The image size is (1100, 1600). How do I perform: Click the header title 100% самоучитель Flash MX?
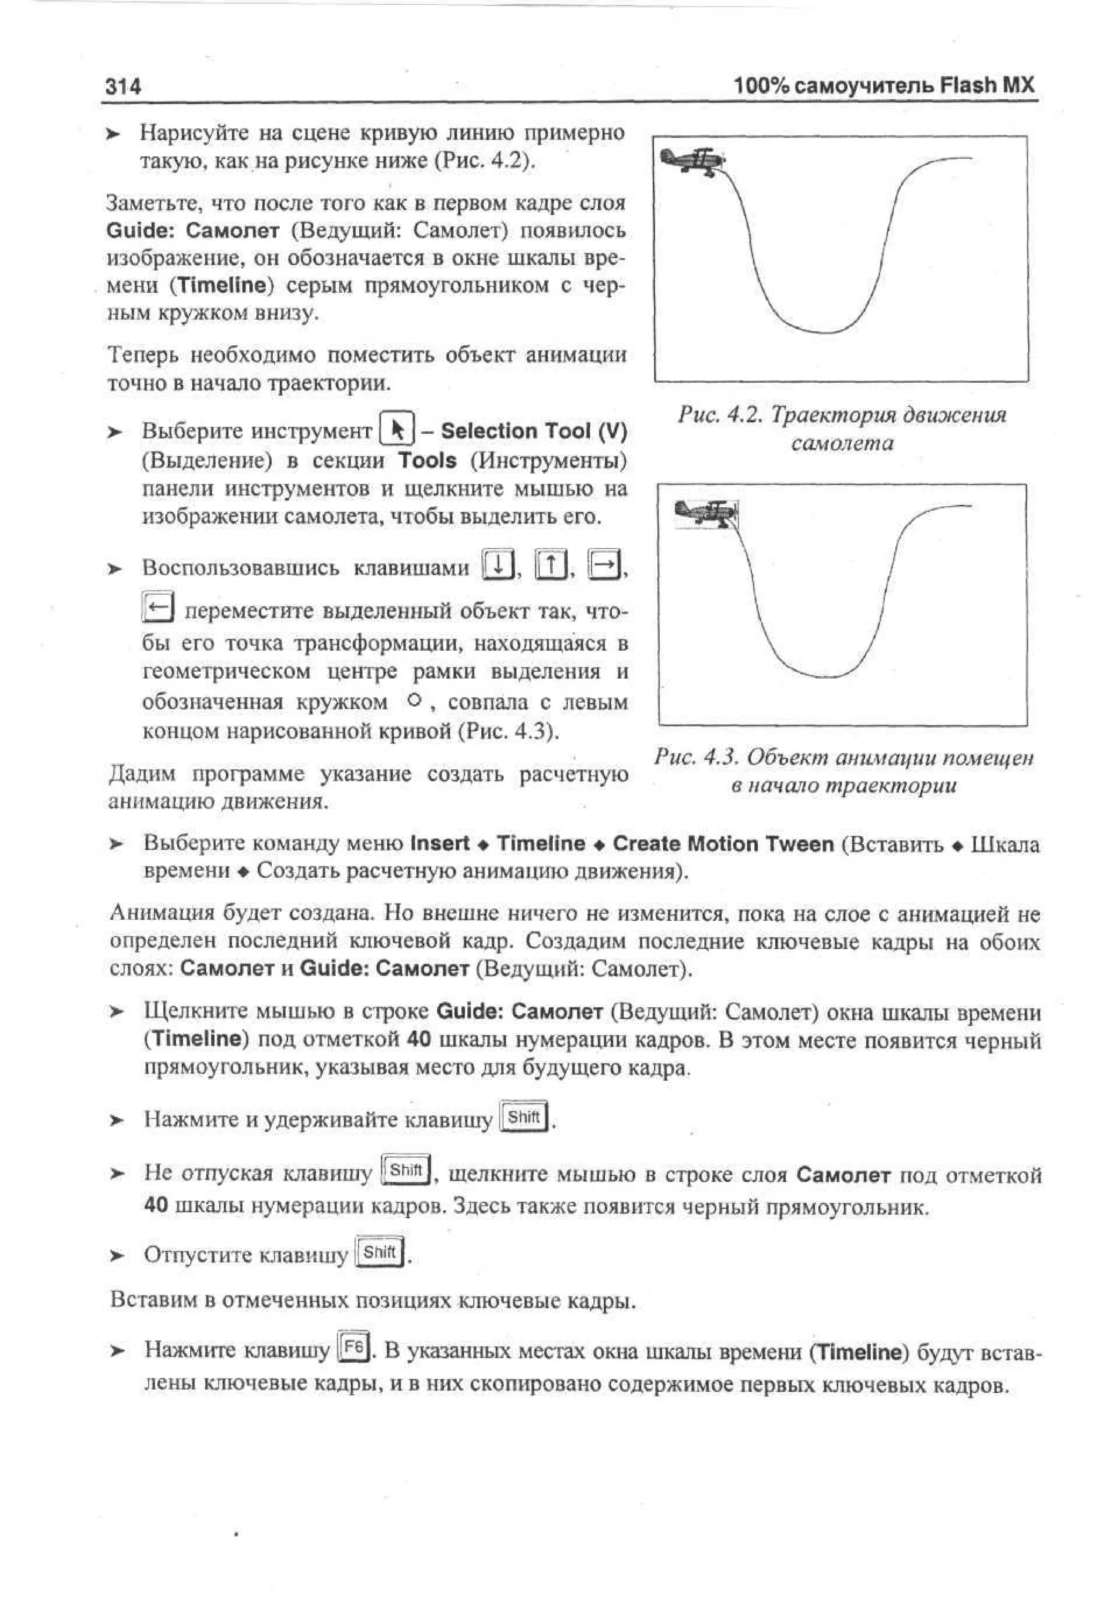(884, 85)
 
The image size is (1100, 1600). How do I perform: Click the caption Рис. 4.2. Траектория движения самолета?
(842, 428)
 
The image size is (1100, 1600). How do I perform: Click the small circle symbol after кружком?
(414, 701)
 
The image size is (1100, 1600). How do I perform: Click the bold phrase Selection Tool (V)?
(533, 431)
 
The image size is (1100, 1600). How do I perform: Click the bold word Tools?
(428, 460)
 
